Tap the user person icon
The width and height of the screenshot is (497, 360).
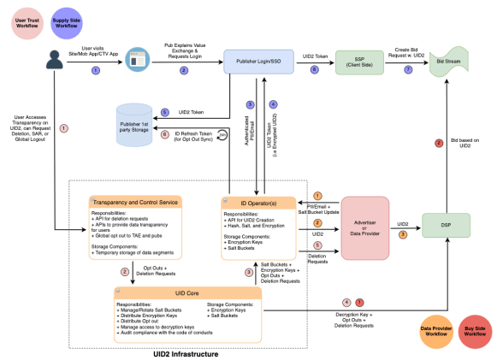point(56,60)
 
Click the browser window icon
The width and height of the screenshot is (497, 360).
point(137,62)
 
